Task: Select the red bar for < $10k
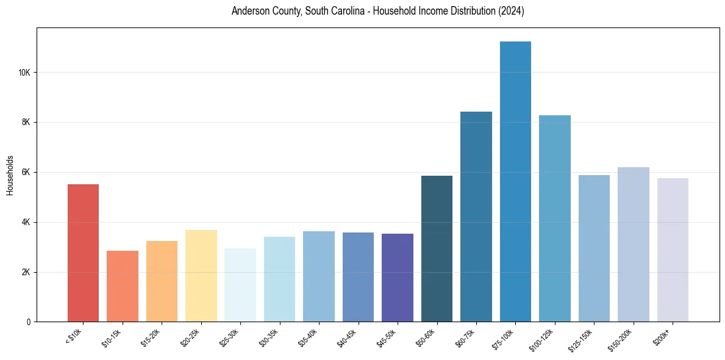[83, 253]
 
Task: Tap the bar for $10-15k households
[123, 286]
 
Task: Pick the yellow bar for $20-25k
[201, 276]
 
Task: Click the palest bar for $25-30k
[240, 285]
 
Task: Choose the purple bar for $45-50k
[398, 278]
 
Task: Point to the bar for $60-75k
[476, 217]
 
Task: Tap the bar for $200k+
[673, 250]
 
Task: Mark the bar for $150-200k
[634, 244]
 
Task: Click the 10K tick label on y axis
[24, 73]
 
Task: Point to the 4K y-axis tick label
[26, 222]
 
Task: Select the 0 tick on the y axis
[29, 322]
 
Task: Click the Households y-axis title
[10, 175]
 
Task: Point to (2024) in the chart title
[512, 11]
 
